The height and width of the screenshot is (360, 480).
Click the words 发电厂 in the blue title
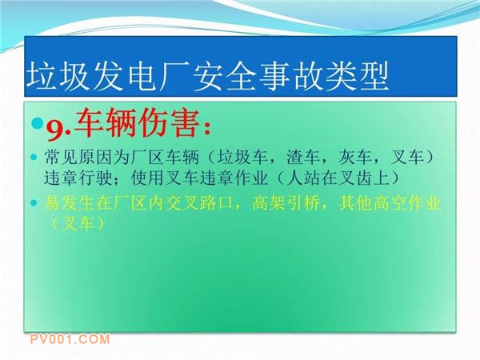127,76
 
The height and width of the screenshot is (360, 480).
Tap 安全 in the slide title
225,76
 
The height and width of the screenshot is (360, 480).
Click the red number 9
56,130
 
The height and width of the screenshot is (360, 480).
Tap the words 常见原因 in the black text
78,157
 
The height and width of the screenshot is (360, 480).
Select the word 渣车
302,157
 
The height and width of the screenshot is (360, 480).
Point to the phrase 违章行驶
78,178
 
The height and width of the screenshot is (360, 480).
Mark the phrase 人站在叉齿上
338,178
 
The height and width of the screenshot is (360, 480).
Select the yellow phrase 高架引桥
286,202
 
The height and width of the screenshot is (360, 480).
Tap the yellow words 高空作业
407,202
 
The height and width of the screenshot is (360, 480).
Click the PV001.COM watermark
70,339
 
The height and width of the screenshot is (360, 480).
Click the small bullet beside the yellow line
34,203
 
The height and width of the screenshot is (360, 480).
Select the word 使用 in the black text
148,178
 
